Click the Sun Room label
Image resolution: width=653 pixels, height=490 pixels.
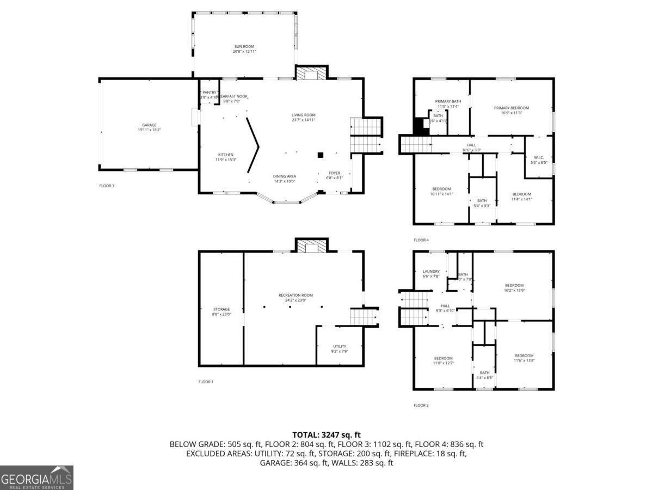tap(244, 47)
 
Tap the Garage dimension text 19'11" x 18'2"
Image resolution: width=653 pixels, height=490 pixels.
tap(149, 130)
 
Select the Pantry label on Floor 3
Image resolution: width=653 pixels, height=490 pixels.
tap(210, 93)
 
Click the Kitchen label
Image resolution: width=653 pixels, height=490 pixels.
tap(226, 155)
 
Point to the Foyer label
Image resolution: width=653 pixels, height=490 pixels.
tap(334, 173)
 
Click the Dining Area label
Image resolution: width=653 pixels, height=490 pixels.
tap(284, 176)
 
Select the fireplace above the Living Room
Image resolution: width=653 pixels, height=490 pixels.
tap(311, 73)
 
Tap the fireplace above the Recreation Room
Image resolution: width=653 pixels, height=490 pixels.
tap(311, 246)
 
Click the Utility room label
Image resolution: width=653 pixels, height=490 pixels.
tap(340, 346)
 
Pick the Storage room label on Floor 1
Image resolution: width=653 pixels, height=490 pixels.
tap(221, 309)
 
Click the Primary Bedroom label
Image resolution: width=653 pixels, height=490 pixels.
tap(511, 108)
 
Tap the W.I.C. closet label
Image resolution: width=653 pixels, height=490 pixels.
tap(537, 158)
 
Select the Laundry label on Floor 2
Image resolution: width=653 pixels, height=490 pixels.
tap(431, 271)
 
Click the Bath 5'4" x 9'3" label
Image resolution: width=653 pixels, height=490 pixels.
tap(482, 200)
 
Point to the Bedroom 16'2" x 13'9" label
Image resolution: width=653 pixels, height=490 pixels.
tap(514, 286)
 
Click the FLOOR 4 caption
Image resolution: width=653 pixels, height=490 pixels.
tap(421, 240)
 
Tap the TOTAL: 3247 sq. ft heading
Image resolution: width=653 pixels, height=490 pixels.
tap(326, 434)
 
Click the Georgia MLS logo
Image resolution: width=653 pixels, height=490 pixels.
tap(36, 477)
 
